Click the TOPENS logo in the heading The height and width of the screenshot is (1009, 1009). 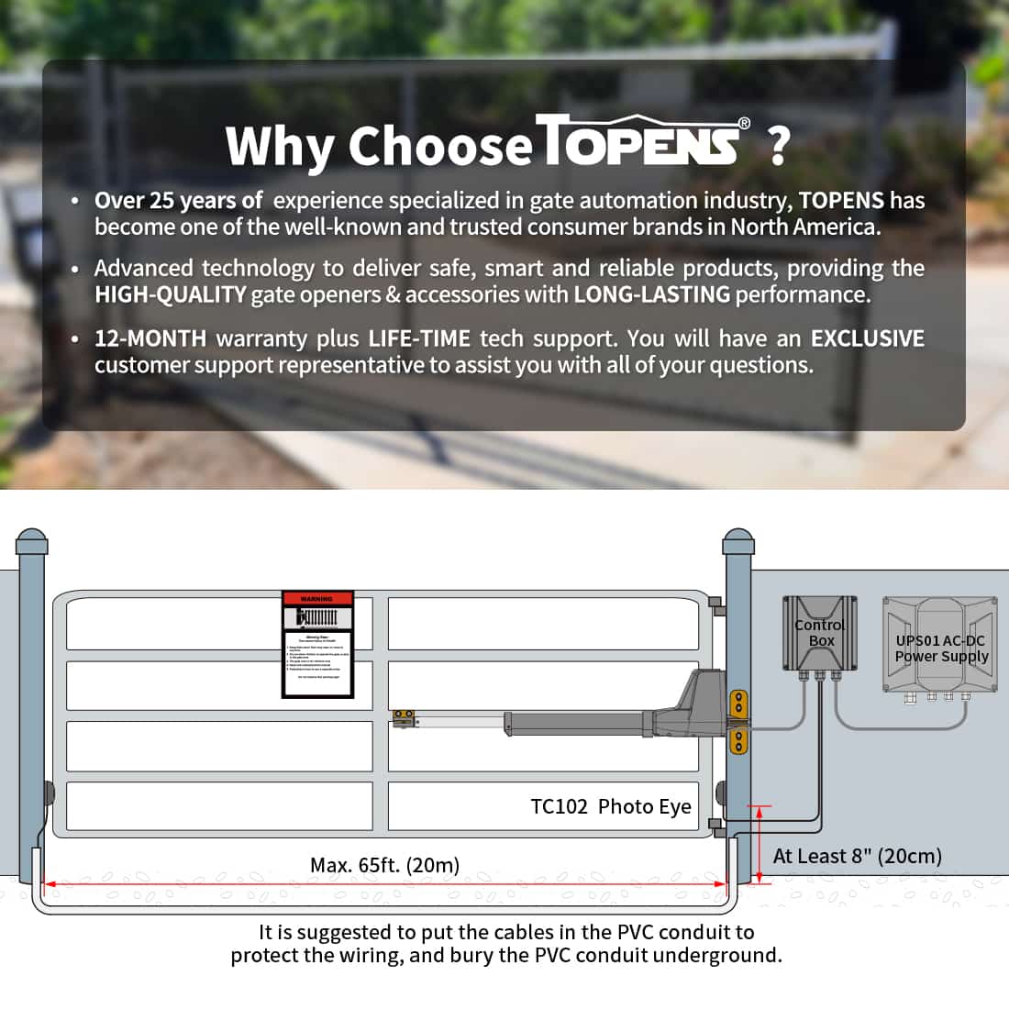[642, 142]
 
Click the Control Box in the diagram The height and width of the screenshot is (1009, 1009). [820, 633]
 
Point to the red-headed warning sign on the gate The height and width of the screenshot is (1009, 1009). [317, 644]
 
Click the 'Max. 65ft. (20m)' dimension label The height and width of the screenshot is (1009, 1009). [384, 865]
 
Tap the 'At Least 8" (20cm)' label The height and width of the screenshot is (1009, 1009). [857, 856]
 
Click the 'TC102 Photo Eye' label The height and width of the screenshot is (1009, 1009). [611, 806]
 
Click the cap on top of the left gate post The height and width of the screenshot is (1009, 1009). [32, 540]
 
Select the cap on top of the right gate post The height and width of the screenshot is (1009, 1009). [737, 540]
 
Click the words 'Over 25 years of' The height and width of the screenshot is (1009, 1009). [178, 201]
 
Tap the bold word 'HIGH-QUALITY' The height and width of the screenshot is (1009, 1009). [170, 294]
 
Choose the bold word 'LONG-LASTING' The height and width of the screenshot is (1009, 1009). [651, 294]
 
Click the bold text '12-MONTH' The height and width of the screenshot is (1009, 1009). [150, 338]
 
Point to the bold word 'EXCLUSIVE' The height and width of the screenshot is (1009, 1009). [867, 338]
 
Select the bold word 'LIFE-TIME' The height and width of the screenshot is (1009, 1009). [419, 338]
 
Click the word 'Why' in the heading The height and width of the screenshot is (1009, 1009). [279, 145]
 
